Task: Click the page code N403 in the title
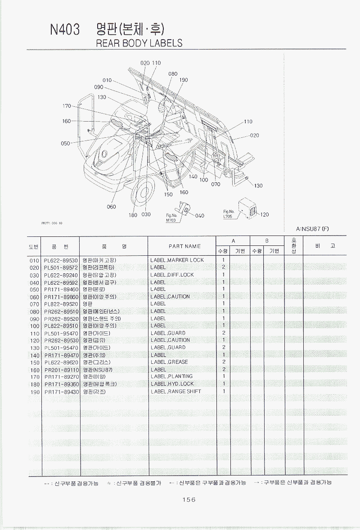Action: (x=65, y=30)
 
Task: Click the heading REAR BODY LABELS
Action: (x=139, y=43)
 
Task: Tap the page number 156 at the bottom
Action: (x=189, y=499)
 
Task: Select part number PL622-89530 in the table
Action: (x=61, y=260)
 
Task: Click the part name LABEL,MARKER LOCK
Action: (x=177, y=260)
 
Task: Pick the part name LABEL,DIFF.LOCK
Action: (x=172, y=275)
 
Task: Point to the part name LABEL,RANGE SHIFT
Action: (x=175, y=391)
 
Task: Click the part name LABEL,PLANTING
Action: (x=171, y=376)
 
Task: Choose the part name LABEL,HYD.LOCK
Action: (x=172, y=384)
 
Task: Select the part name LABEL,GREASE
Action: (x=169, y=362)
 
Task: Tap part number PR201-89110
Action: (x=61, y=370)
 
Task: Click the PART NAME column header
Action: (x=184, y=246)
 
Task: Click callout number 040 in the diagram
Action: (x=199, y=216)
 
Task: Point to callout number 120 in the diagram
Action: (x=264, y=215)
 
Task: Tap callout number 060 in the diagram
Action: (x=111, y=207)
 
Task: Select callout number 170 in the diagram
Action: (x=67, y=106)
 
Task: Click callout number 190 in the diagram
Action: (x=183, y=80)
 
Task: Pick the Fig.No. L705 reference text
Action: (x=229, y=214)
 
